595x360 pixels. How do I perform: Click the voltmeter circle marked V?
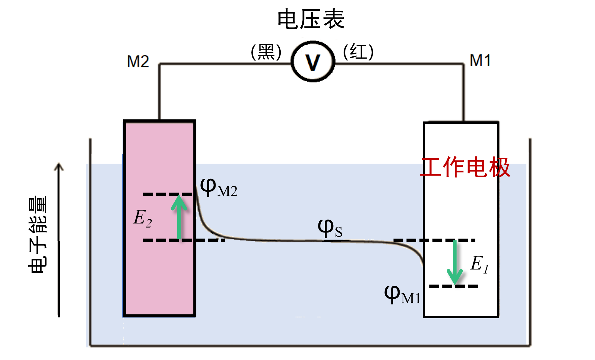pos(313,61)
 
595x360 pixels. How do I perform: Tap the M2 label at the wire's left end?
pos(138,61)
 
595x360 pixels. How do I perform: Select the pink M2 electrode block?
pos(159,267)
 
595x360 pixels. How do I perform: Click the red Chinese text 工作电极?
pos(465,167)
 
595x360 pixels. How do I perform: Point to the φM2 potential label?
pos(218,188)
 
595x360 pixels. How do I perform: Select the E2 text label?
pos(143,218)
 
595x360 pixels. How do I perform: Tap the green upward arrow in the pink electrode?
pos(179,217)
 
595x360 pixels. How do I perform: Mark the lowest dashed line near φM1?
pos(453,286)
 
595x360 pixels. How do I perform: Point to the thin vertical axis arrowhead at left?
pos(59,166)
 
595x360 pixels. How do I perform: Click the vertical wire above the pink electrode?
pos(159,91)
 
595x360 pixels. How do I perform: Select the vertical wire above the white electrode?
pos(463,91)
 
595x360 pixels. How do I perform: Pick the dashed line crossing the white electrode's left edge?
pos(434,240)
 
